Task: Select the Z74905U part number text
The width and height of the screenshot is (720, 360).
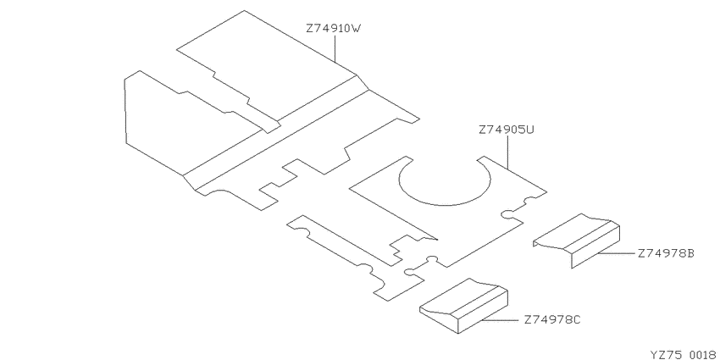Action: coord(507,130)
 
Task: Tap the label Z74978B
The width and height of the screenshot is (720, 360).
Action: coord(666,253)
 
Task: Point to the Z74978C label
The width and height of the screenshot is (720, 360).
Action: coord(552,319)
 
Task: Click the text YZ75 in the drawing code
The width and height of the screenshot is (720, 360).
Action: coord(665,354)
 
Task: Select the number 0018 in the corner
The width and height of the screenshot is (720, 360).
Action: coord(701,354)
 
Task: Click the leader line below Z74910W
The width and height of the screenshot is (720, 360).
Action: coord(335,49)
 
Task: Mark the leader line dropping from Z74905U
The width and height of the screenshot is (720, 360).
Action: coord(507,152)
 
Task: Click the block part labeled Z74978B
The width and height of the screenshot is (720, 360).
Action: coord(576,241)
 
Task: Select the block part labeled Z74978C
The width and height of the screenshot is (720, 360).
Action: coord(462,305)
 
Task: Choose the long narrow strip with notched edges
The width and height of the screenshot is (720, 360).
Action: coord(353,258)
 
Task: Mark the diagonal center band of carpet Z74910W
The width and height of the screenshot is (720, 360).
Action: coord(275,132)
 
